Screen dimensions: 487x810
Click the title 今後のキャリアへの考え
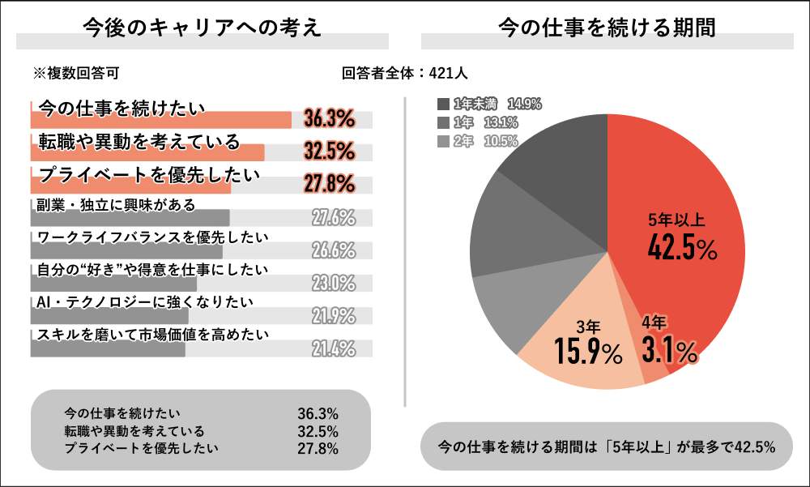pyautogui.click(x=202, y=28)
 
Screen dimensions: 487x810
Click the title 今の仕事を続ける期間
pyautogui.click(x=607, y=28)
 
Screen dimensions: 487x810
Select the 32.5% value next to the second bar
pyautogui.click(x=330, y=152)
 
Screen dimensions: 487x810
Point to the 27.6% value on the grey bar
pyautogui.click(x=334, y=217)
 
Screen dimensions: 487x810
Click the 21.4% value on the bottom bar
pyautogui.click(x=334, y=349)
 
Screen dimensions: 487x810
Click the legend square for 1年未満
pyautogui.click(x=443, y=104)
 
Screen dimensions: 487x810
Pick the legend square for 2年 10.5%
pyautogui.click(x=443, y=141)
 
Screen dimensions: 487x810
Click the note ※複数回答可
pyautogui.click(x=76, y=73)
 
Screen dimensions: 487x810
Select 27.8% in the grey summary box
pyautogui.click(x=318, y=448)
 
